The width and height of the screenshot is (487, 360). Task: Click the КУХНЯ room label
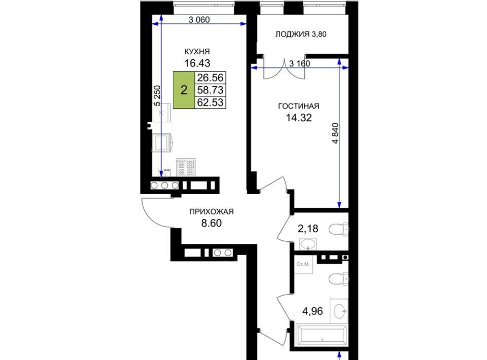pyautogui.click(x=197, y=51)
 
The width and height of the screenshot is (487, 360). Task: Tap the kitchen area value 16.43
pyautogui.click(x=197, y=63)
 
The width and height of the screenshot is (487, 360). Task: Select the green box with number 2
pyautogui.click(x=184, y=90)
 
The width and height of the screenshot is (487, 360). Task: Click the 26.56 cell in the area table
pyautogui.click(x=210, y=78)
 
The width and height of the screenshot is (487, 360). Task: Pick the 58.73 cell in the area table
pyautogui.click(x=210, y=90)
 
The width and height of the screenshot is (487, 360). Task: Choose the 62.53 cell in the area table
pyautogui.click(x=210, y=102)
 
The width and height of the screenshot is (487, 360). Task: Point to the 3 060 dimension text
pyautogui.click(x=199, y=20)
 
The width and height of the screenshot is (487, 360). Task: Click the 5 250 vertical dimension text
pyautogui.click(x=157, y=96)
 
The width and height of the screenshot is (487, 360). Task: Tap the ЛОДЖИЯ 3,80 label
pyautogui.click(x=301, y=34)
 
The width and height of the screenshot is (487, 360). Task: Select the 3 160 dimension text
pyautogui.click(x=299, y=63)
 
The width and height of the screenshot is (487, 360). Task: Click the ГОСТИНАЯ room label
pyautogui.click(x=298, y=106)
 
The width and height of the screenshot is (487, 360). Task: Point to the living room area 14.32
pyautogui.click(x=298, y=118)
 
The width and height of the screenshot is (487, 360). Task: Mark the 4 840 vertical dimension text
pyautogui.click(x=335, y=133)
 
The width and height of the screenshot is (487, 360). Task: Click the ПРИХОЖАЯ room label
pyautogui.click(x=211, y=211)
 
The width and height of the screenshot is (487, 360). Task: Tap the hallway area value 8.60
pyautogui.click(x=211, y=223)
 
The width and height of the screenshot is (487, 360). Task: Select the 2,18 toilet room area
pyautogui.click(x=308, y=229)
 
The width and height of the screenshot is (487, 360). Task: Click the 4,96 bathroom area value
pyautogui.click(x=312, y=311)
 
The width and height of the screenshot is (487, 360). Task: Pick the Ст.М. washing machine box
pyautogui.click(x=303, y=264)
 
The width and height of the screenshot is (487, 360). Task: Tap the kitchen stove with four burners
pyautogui.click(x=186, y=167)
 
